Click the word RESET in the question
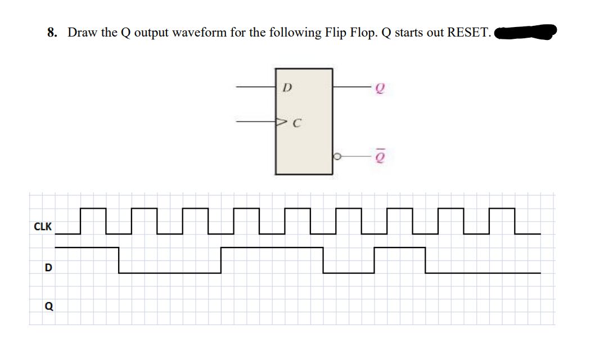(468, 33)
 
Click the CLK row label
(43, 227)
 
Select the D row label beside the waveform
(48, 267)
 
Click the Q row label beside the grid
(48, 307)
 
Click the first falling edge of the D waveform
(119, 260)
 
